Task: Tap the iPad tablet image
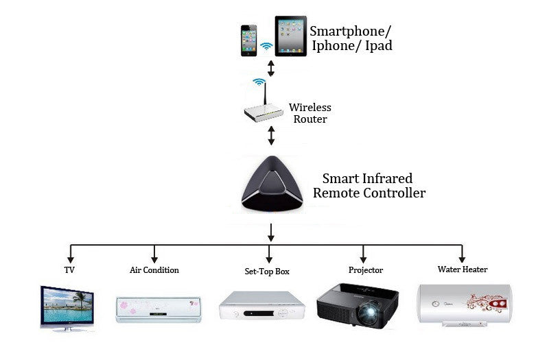[x=290, y=36]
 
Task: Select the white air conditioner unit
[x=159, y=309]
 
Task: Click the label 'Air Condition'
[x=154, y=270]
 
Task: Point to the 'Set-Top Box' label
[x=267, y=272]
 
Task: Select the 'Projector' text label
[x=365, y=270]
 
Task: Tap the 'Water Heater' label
[x=463, y=269]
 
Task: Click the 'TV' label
[x=69, y=270]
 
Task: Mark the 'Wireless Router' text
[x=309, y=113]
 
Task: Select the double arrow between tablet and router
[x=271, y=68]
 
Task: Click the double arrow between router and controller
[x=271, y=135]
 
